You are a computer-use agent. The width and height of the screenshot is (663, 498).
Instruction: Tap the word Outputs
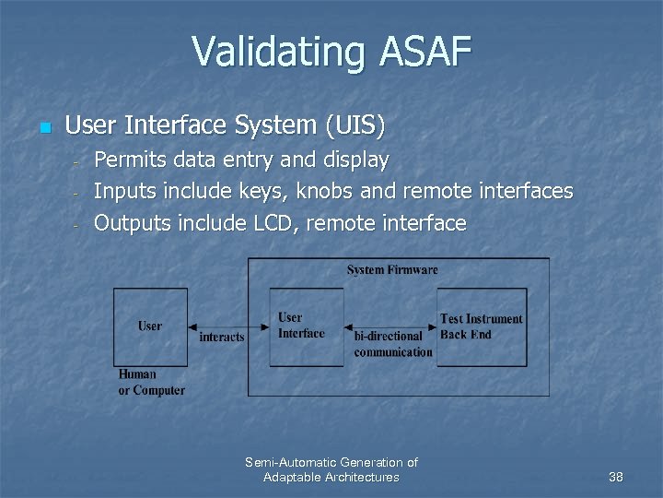tap(134, 222)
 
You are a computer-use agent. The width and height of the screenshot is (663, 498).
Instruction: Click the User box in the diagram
tap(150, 326)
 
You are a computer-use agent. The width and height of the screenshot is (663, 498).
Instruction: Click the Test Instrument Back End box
tap(482, 326)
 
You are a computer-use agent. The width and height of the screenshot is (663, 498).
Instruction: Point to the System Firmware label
tap(392, 269)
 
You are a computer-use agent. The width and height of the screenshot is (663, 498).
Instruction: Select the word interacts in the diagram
tap(222, 338)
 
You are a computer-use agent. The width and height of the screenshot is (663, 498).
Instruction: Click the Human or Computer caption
tap(151, 382)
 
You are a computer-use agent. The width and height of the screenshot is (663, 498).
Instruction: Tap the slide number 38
tap(616, 477)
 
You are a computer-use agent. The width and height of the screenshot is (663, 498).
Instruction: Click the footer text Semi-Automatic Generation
tap(331, 462)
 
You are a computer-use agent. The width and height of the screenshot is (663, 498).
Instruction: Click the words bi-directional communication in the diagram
tap(393, 344)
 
